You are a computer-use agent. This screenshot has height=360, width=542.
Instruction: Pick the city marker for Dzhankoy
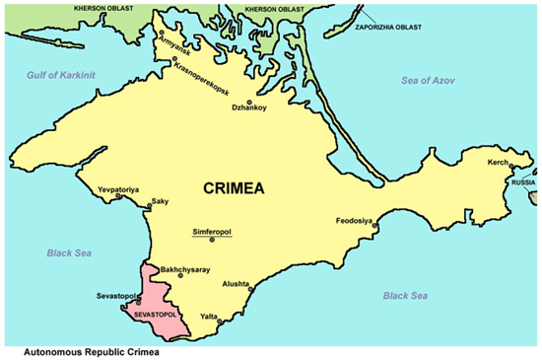250,102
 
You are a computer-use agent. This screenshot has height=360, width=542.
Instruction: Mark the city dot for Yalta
219,322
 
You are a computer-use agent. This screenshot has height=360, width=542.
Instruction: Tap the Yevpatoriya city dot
119,196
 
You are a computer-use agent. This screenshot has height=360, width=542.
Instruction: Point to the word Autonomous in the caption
44,349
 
